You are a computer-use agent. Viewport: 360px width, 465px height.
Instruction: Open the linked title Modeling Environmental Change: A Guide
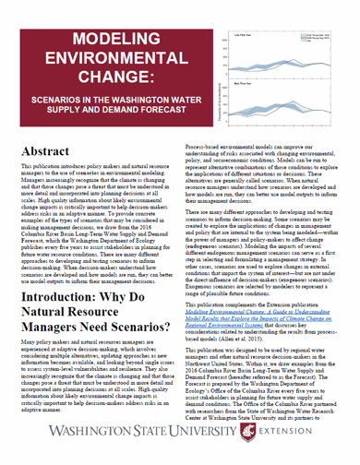268,316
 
